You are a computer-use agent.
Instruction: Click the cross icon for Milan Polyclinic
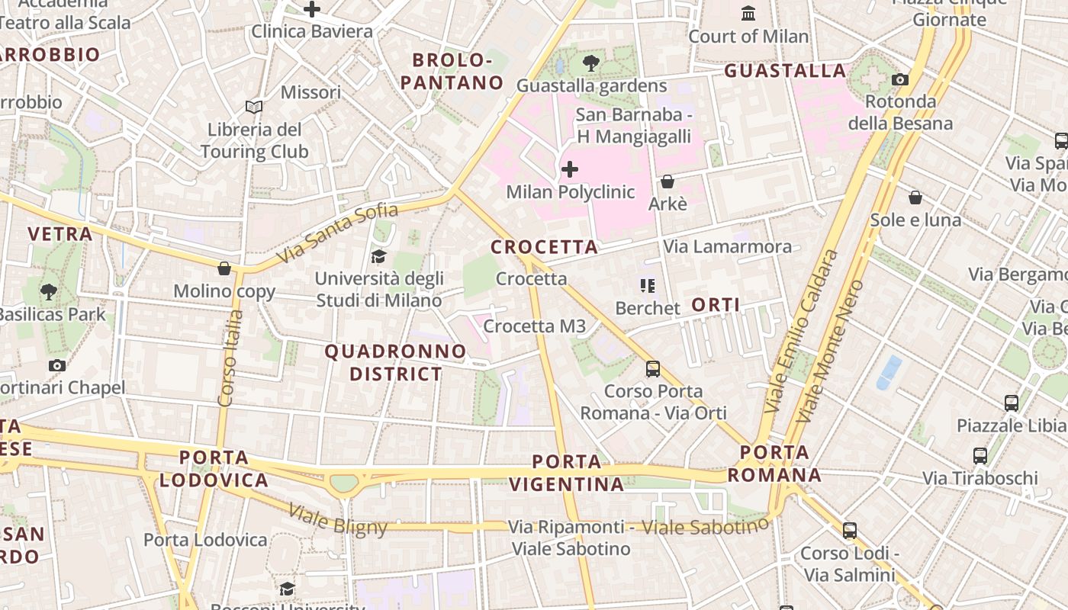[x=569, y=169]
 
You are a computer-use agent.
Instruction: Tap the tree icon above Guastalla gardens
[x=590, y=63]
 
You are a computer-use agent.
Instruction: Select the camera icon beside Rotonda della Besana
[x=900, y=79]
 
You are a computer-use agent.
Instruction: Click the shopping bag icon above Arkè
[x=667, y=181]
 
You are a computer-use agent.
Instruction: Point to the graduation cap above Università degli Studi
[x=378, y=256]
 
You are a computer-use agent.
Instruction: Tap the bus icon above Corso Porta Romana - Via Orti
[x=653, y=369]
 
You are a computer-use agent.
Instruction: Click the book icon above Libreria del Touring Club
[x=254, y=108]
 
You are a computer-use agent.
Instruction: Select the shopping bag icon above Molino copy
[x=224, y=268]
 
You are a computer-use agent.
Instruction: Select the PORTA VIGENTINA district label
[x=566, y=473]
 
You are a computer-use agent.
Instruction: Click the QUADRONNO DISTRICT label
[x=395, y=362]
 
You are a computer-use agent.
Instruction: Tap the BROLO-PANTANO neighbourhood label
[x=452, y=71]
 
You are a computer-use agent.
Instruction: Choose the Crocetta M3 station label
[x=534, y=326]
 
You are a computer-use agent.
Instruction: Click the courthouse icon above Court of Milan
[x=748, y=14]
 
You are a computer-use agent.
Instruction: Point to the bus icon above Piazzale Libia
[x=1012, y=403]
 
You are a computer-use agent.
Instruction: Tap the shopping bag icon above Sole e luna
[x=915, y=197]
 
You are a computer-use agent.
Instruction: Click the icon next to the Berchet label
[x=648, y=286]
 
